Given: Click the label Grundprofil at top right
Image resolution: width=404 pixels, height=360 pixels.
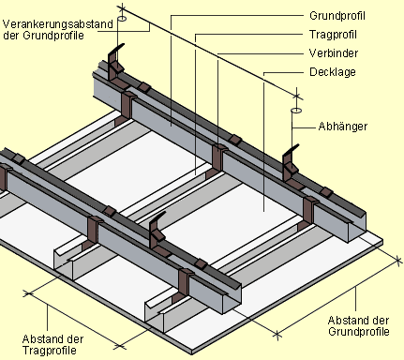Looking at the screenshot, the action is [337, 16].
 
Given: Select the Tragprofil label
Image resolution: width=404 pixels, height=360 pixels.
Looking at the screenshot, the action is [333, 35].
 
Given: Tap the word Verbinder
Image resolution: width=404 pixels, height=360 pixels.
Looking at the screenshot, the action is [334, 53].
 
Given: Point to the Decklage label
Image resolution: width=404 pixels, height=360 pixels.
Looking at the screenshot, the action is [333, 72].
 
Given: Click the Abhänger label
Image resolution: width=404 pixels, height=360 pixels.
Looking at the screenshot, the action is [343, 127].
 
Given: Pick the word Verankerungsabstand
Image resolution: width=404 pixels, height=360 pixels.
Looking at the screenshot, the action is [58, 24].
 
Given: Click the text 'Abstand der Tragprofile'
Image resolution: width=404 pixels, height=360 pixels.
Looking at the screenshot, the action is [52, 345].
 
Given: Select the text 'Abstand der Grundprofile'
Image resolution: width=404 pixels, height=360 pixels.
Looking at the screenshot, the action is [359, 326].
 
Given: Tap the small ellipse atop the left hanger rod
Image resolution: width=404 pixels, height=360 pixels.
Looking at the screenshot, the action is [122, 19].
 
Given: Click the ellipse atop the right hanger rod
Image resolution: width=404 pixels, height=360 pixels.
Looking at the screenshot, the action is [296, 111].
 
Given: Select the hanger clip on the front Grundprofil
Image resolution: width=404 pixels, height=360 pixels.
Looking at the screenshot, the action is [157, 232].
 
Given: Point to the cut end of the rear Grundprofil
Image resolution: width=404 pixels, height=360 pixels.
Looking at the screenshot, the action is [357, 226].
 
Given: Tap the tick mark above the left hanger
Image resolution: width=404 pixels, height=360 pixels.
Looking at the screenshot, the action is [122, 7].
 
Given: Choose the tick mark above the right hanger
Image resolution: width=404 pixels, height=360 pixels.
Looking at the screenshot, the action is [297, 95].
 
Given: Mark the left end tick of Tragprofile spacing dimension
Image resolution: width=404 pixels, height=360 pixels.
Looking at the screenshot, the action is [28, 293].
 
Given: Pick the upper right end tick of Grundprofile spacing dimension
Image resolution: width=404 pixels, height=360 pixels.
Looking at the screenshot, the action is [397, 261].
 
